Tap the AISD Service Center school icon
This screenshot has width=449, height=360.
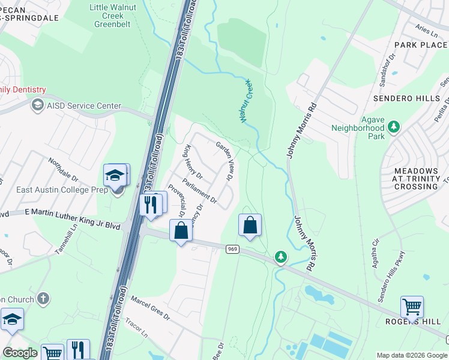click(37, 106)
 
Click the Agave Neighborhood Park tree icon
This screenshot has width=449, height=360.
click(394, 127)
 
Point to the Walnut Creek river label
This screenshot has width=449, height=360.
click(245, 101)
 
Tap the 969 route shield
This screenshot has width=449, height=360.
click(232, 248)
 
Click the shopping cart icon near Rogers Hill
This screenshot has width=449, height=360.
click(412, 307)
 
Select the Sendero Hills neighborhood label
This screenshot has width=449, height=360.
click(406, 98)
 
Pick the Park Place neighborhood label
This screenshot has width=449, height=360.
click(420, 45)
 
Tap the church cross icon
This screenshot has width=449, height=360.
click(43, 298)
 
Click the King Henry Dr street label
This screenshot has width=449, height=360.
click(193, 162)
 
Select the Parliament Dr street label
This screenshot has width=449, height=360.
click(198, 189)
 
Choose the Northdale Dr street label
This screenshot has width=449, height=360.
click(63, 170)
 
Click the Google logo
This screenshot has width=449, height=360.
click(20, 353)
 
